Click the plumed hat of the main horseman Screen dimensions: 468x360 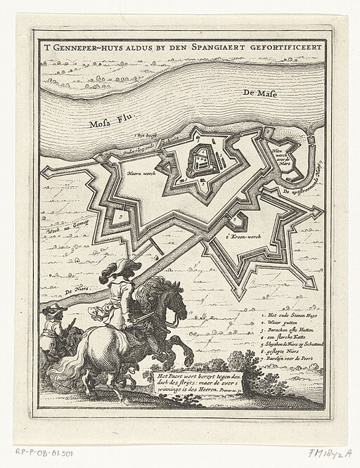[120, 268]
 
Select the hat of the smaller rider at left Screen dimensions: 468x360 [50, 308]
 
